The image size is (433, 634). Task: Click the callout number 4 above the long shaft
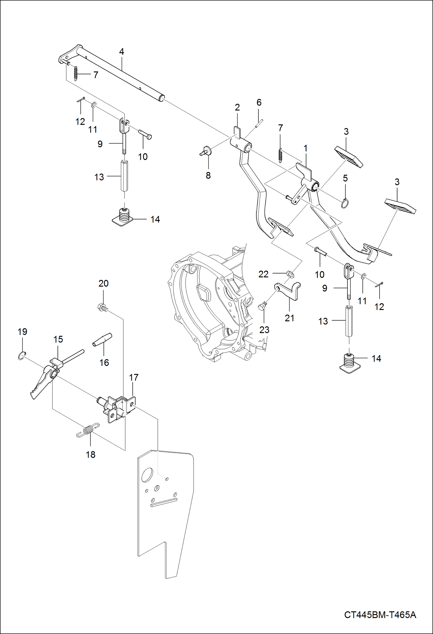tap(122, 52)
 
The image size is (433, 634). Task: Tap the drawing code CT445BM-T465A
tap(380, 615)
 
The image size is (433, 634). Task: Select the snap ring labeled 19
tap(22, 356)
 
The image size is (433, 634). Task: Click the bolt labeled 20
tap(103, 307)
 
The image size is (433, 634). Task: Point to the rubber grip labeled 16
tap(102, 339)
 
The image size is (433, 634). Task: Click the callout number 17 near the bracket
tap(134, 377)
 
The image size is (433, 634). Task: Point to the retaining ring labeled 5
tap(345, 204)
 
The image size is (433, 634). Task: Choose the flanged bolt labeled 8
tap(206, 151)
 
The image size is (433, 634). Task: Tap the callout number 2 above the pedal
tap(237, 108)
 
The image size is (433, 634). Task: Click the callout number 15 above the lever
tap(58, 339)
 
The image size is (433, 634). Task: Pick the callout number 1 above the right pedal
tap(305, 149)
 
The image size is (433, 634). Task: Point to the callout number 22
tap(263, 274)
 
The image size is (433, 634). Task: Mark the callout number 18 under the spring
tap(90, 455)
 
